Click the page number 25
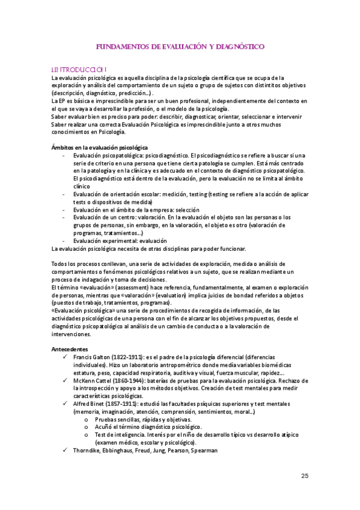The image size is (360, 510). click(x=305, y=476)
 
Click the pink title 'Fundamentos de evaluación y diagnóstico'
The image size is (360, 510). click(x=180, y=46)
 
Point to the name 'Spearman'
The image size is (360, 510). click(x=203, y=450)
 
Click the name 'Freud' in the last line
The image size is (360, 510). click(x=139, y=450)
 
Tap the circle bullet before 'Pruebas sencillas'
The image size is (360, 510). click(x=88, y=419)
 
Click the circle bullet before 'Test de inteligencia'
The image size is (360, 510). click(x=88, y=435)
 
